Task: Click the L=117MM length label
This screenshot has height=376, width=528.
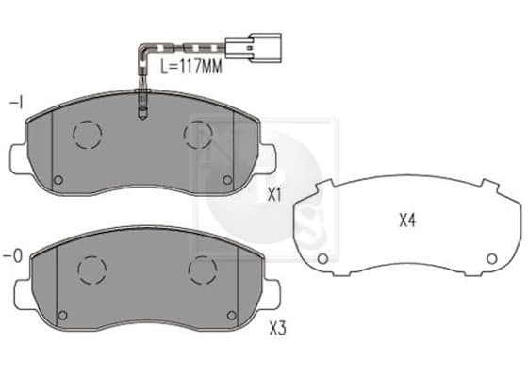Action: [191, 66]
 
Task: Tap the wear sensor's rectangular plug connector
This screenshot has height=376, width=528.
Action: [254, 48]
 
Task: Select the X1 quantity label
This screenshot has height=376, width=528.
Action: [274, 195]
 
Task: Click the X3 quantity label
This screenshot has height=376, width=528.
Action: [278, 328]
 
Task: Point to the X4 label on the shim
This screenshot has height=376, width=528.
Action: [407, 221]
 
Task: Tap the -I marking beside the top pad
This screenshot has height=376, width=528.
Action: [16, 103]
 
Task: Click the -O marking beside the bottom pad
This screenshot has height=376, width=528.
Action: [13, 256]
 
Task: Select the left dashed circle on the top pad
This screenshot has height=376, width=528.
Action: [87, 134]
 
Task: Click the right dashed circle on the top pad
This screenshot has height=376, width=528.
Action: [198, 135]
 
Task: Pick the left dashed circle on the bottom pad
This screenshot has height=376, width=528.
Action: [92, 270]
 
